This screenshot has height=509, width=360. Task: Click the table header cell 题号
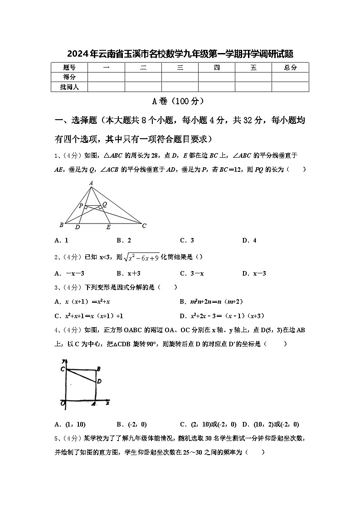pos(69,68)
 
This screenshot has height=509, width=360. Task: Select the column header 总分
pos(290,68)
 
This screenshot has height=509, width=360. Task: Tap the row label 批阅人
pos(69,87)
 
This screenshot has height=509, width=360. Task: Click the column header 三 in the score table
pos(180,68)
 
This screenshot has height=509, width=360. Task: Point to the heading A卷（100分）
pos(180,101)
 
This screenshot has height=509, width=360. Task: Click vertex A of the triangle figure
pos(91,183)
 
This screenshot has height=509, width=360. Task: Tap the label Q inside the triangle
pos(104,204)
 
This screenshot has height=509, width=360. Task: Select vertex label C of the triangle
pos(144,225)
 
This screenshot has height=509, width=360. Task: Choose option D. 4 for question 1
pos(249,241)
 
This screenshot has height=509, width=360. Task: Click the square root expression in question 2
pos(142,257)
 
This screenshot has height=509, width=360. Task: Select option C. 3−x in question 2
pos(192,273)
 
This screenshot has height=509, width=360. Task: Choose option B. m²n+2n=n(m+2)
pos(215,301)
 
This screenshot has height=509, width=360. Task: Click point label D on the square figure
pos(99,381)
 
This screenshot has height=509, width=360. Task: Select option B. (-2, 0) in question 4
pos(131,425)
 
